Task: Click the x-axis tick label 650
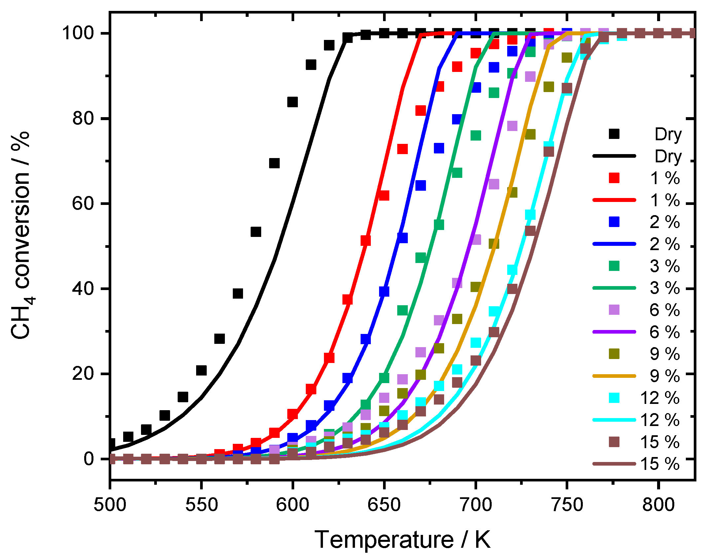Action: click(384, 505)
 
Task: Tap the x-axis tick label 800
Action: click(658, 505)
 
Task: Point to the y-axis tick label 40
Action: click(83, 289)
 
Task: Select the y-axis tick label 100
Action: click(78, 33)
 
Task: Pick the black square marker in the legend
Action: click(614, 134)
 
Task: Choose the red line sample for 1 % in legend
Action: click(614, 200)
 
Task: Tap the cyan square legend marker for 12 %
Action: click(614, 398)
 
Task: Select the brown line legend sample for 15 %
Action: click(614, 464)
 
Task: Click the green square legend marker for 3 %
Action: click(614, 266)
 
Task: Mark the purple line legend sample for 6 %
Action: click(614, 332)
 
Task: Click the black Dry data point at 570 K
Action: click(238, 293)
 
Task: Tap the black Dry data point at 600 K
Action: click(293, 102)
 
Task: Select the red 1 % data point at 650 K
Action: click(384, 195)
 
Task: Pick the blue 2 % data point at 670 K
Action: click(420, 185)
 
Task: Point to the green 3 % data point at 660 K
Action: click(402, 310)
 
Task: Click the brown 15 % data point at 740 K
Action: click(548, 152)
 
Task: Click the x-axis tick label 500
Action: click(110, 505)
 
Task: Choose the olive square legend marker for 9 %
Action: click(614, 354)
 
